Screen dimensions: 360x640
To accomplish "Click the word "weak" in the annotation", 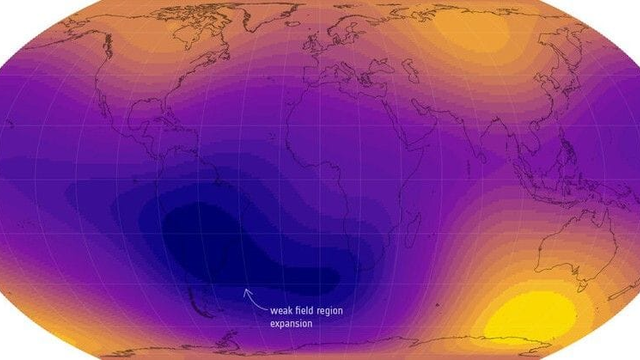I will [281, 311].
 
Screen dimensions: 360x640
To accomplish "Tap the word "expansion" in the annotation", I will [292, 324].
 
